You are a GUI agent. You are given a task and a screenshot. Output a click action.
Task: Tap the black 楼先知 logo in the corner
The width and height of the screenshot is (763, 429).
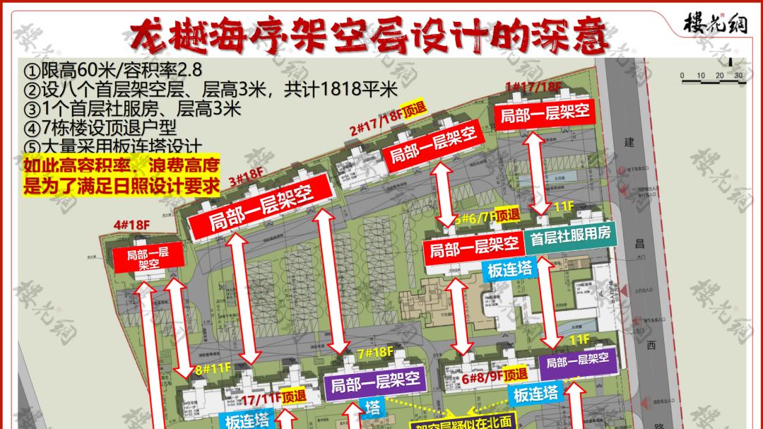[x=715, y=24]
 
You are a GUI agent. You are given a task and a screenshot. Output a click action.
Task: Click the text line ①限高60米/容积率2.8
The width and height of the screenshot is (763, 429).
[x=113, y=71]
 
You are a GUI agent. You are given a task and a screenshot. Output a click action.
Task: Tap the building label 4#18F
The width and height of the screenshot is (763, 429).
[x=132, y=225]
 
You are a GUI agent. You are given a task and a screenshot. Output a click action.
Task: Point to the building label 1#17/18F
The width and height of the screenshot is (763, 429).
[x=533, y=87]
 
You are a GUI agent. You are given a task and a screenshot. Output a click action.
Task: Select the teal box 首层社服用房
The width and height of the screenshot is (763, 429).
[x=570, y=236]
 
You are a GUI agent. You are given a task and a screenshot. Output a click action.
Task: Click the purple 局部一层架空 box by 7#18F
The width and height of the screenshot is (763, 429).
[x=375, y=382]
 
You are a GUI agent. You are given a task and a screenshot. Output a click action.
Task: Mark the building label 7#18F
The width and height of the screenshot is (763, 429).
[x=375, y=352]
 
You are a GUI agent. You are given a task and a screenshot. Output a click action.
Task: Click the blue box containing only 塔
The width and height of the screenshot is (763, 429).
[x=373, y=407]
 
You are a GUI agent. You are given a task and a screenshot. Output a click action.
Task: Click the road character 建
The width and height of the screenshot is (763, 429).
[x=629, y=142]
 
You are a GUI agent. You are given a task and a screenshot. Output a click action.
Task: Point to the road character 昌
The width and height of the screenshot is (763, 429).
[x=639, y=244]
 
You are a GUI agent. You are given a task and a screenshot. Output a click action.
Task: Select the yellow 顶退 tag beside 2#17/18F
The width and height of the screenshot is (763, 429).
[x=413, y=109]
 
